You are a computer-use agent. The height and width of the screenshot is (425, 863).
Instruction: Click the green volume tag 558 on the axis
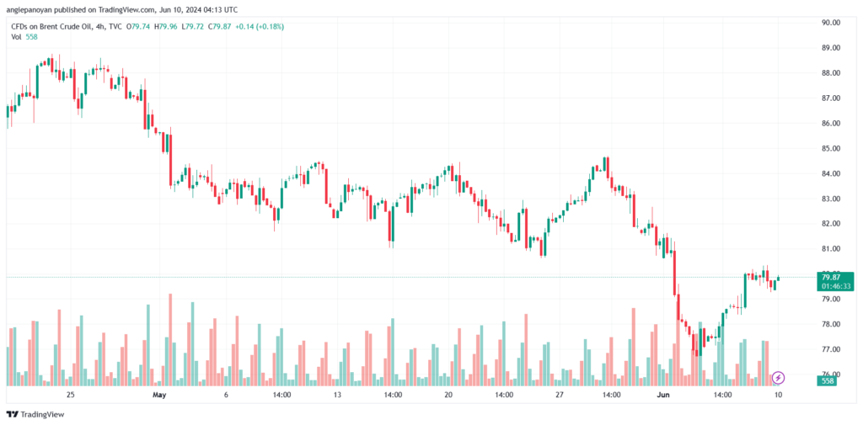tap(827, 381)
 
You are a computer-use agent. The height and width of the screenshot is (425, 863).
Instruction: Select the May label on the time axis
tap(159, 394)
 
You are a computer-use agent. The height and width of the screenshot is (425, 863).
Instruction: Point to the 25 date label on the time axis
tap(70, 394)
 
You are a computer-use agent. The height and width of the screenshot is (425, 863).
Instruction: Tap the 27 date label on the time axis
tap(559, 394)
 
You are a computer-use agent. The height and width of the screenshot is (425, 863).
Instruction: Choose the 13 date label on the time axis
tap(337, 394)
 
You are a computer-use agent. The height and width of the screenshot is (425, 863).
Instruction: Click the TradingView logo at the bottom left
tap(38, 414)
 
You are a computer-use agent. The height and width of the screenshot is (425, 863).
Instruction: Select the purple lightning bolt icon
tap(779, 379)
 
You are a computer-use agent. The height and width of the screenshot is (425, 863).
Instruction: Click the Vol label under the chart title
tap(15, 37)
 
